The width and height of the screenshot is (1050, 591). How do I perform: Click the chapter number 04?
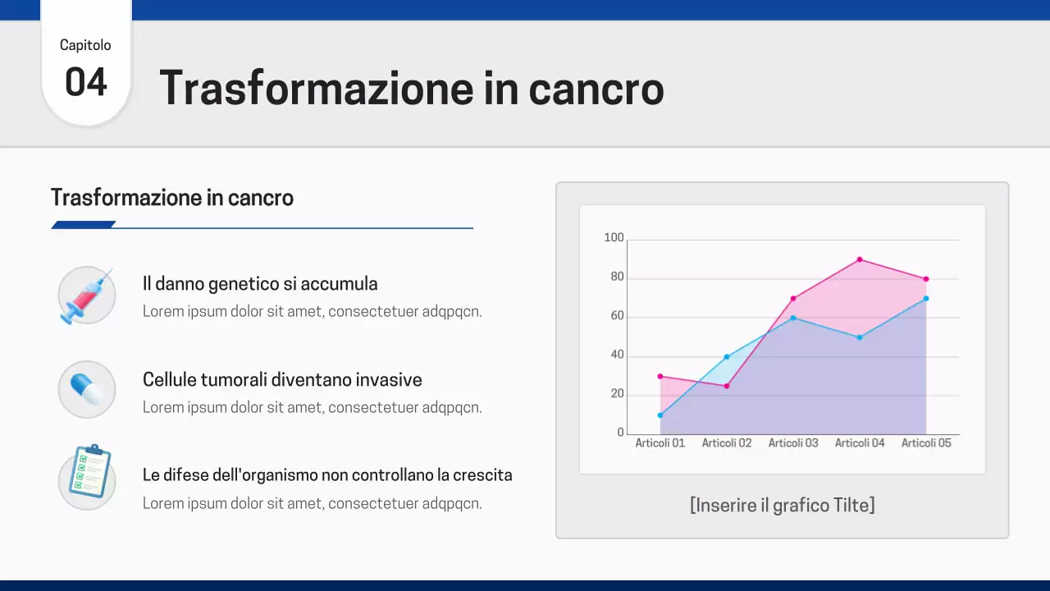(x=86, y=83)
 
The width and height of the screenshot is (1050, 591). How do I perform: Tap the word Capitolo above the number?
(x=85, y=45)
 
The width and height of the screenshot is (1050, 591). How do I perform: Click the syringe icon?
(x=86, y=295)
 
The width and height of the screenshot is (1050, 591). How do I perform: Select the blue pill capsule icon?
(x=86, y=389)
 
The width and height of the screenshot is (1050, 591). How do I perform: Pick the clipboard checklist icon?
(x=88, y=473)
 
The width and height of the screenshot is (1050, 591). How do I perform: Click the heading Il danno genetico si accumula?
(x=260, y=284)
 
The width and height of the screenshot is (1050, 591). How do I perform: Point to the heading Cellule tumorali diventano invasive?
(x=282, y=380)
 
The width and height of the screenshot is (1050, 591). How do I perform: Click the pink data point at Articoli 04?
(x=860, y=259)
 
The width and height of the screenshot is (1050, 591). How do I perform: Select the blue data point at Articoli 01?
(x=660, y=415)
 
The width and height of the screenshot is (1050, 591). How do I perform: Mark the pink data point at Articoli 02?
(x=727, y=386)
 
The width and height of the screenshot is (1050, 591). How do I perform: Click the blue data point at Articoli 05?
(x=926, y=298)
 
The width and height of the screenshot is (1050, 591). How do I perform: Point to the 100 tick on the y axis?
(x=614, y=238)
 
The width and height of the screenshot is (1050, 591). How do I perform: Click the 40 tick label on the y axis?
(x=616, y=355)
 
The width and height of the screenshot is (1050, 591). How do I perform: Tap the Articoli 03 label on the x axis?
(x=793, y=443)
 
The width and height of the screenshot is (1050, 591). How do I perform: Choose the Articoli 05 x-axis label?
(x=926, y=443)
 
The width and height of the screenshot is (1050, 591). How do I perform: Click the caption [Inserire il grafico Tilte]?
(x=782, y=505)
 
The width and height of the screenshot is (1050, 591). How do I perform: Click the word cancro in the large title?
(x=596, y=89)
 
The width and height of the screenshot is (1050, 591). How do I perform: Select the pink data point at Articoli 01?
(x=660, y=376)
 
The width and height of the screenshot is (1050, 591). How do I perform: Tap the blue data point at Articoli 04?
(x=860, y=337)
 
